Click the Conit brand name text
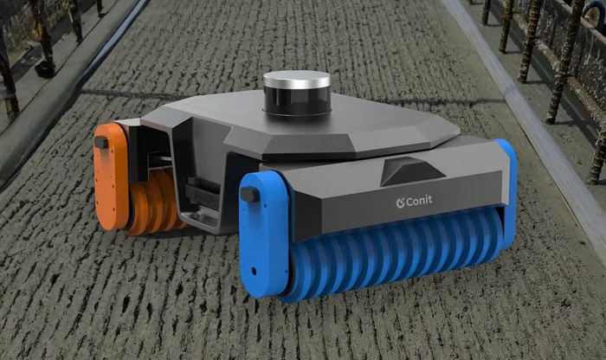point(418,201)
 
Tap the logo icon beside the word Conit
point(400,202)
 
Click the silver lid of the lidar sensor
point(297,80)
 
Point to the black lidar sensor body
point(297,101)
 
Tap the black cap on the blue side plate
point(250,194)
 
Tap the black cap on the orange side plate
point(101,143)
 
